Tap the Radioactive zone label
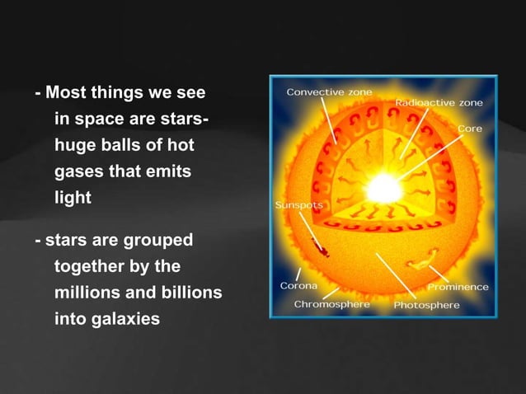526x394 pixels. tap(439, 103)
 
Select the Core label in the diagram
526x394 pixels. tap(470, 129)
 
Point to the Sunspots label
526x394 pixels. tap(298, 204)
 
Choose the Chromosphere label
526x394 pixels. tap(332, 304)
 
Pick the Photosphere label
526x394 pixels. tap(426, 304)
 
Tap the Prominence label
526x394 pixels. tap(458, 287)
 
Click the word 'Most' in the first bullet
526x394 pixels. tap(63, 91)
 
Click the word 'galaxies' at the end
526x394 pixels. tap(106, 320)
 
